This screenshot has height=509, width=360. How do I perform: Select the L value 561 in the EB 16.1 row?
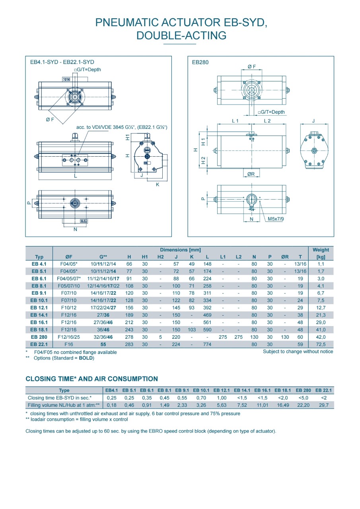207,322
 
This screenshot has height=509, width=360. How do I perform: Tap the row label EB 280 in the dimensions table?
39,337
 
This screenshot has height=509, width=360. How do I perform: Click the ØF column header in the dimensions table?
69,256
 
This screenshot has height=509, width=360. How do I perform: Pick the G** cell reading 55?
103,344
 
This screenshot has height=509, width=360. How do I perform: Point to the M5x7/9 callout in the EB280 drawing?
276,219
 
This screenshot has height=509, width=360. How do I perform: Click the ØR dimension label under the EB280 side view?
251,174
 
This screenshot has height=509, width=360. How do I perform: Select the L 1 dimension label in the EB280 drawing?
235,120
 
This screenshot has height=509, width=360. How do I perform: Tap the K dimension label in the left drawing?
158,184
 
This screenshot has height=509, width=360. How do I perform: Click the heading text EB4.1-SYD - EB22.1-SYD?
62,62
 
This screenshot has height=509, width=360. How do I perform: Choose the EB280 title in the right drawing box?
200,62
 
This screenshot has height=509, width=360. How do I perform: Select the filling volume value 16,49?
283,405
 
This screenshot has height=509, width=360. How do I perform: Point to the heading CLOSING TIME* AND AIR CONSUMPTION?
91,379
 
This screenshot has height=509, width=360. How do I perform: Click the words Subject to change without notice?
298,352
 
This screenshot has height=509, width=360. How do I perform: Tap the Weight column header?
321,250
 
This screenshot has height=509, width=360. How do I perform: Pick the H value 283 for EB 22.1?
129,344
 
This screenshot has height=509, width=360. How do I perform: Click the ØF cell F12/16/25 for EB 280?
69,337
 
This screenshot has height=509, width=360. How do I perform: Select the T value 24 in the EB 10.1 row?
300,300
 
